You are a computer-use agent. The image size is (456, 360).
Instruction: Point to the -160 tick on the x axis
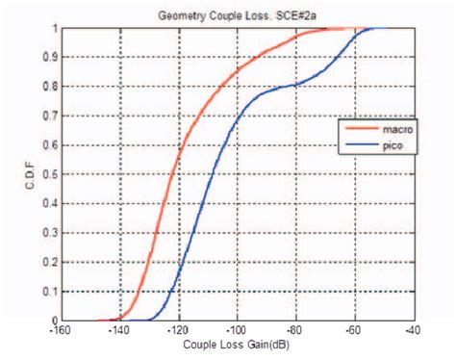pyautogui.click(x=61, y=330)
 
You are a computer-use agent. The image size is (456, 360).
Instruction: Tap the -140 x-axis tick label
pyautogui.click(x=119, y=330)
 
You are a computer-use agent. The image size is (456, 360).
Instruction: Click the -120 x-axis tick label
pyautogui.click(x=179, y=330)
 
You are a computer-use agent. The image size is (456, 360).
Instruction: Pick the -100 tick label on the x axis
pyautogui.click(x=238, y=330)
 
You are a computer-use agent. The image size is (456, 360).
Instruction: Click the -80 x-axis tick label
pyautogui.click(x=297, y=330)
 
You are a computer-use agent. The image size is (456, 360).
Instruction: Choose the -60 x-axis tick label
pyautogui.click(x=356, y=330)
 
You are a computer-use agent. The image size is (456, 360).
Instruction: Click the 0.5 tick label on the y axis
pyautogui.click(x=50, y=174)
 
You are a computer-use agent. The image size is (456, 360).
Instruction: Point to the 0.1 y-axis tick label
pyautogui.click(x=50, y=292)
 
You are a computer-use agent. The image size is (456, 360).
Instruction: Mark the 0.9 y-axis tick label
pyautogui.click(x=50, y=57)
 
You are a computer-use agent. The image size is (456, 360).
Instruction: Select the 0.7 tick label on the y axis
pyautogui.click(x=50, y=116)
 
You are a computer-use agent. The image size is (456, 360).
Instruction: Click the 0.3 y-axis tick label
pyautogui.click(x=50, y=233)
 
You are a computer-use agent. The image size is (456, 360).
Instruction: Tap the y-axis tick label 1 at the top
pyautogui.click(x=54, y=27)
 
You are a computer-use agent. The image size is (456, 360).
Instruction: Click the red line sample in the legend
pyautogui.click(x=354, y=131)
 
